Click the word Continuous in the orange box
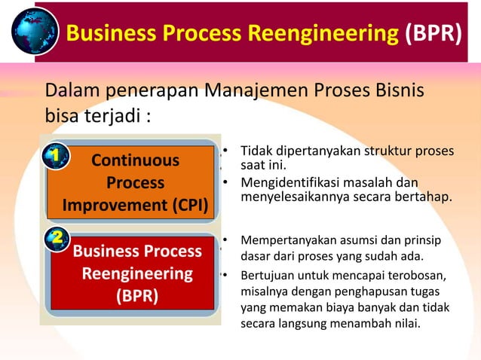tap(136, 160)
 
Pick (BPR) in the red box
tap(136, 295)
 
